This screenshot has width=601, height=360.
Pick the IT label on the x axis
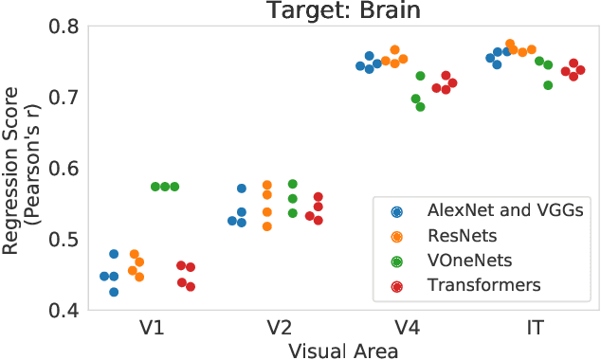click(536, 329)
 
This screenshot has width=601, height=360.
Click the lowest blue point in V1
click(114, 292)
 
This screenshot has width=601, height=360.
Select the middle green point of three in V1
click(165, 187)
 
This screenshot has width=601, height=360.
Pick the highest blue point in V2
click(242, 189)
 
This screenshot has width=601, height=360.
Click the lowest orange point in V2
click(266, 226)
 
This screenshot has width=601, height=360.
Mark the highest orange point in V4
click(395, 50)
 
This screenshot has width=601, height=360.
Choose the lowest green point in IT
click(548, 85)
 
